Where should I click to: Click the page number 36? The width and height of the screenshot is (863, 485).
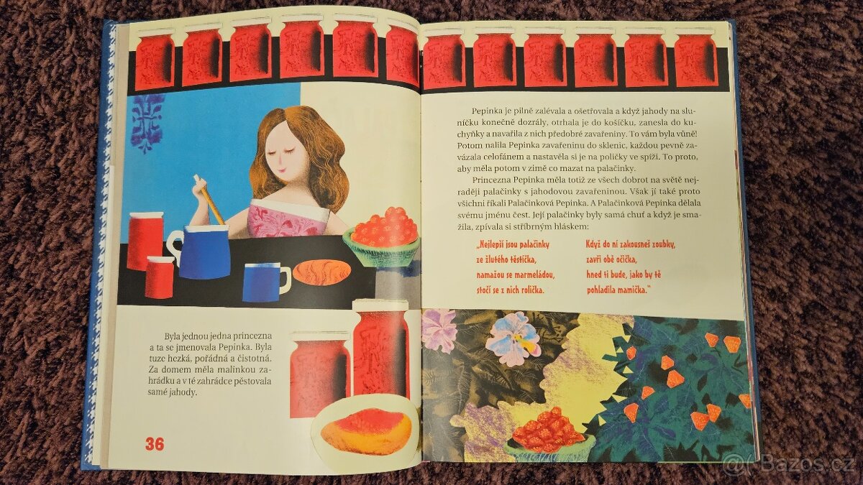coord(155,444)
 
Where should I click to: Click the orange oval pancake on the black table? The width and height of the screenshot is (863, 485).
coord(321,273)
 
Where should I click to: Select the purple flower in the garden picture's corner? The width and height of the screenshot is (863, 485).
coord(440,330)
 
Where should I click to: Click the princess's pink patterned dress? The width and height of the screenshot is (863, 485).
coord(286,222)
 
